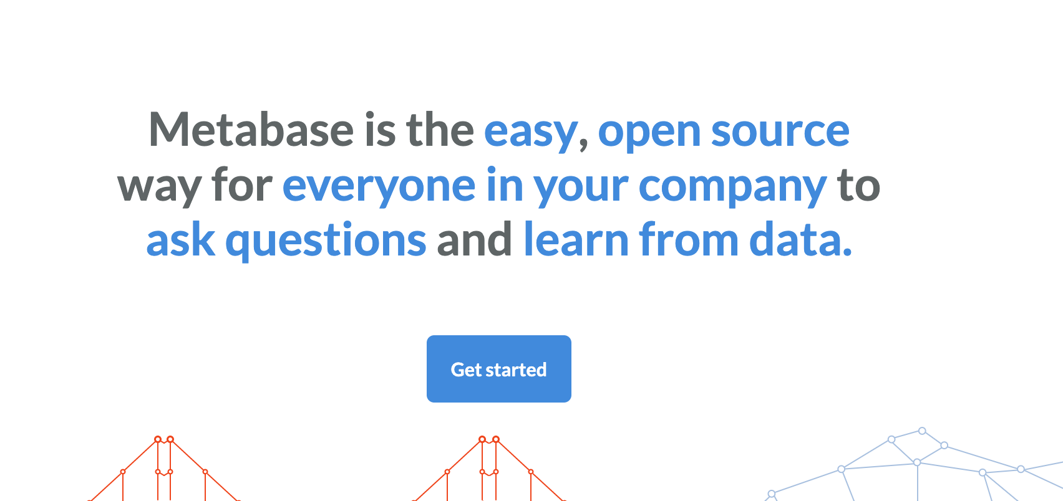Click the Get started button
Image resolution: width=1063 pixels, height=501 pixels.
499,369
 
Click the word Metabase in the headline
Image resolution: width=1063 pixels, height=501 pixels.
251,130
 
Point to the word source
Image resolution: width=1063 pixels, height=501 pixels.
780,131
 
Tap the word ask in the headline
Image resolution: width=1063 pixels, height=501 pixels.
180,239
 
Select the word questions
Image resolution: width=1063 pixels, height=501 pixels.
326,241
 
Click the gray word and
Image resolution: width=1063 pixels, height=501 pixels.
474,239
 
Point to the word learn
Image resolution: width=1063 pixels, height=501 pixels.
576,239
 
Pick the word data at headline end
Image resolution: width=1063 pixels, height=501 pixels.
796,239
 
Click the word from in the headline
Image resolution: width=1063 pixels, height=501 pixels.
689,239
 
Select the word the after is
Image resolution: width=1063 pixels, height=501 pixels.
440,129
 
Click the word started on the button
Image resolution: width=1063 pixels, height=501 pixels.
517,370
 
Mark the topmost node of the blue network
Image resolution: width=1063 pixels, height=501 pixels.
922,431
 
